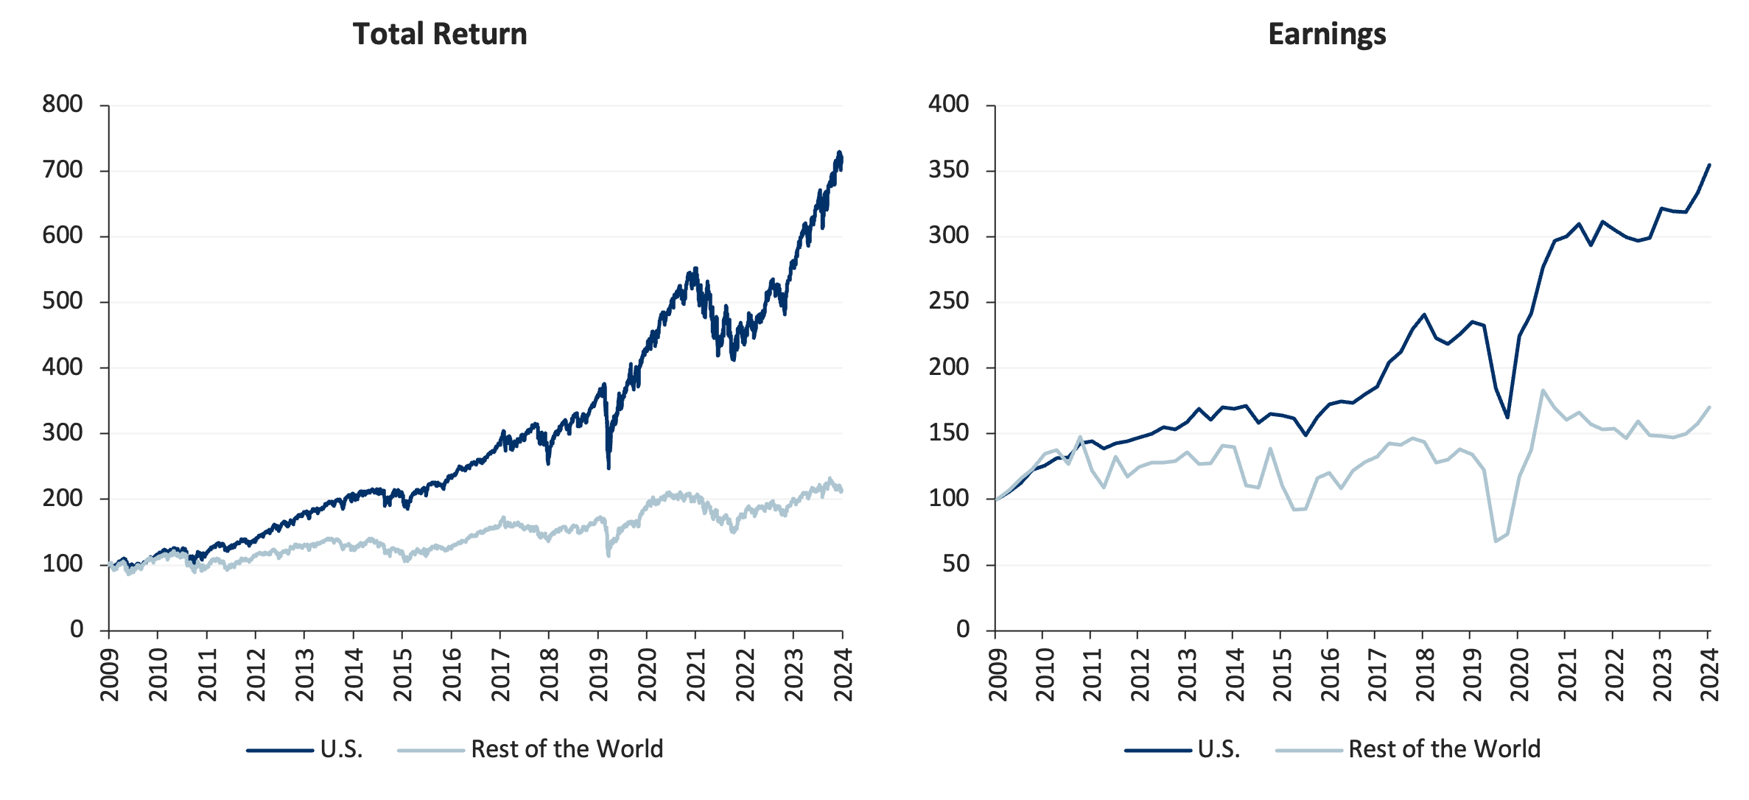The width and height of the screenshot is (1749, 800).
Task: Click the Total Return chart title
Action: [x=440, y=35]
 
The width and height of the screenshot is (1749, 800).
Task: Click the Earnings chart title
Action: [x=1327, y=35]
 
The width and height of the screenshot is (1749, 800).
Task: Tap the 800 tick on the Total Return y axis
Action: [x=63, y=105]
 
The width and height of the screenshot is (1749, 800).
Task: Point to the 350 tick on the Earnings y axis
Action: [x=948, y=170]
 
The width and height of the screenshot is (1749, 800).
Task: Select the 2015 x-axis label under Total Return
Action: [x=402, y=675]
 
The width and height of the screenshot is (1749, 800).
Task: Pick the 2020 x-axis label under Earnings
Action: [x=1518, y=675]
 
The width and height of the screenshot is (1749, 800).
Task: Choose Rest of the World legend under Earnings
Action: [x=1444, y=749]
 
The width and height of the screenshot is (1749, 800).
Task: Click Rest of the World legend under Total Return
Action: [x=567, y=749]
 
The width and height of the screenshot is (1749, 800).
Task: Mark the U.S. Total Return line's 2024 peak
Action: [x=838, y=152]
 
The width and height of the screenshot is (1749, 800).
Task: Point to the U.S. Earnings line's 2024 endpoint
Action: [x=1709, y=164]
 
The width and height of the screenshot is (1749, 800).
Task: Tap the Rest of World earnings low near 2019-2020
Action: [x=1496, y=541]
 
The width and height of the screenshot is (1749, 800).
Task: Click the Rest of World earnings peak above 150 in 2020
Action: [x=1543, y=390]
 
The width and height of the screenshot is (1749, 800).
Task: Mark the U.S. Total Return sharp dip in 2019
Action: [x=609, y=468]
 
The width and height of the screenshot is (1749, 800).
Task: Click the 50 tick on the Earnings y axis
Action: [x=956, y=564]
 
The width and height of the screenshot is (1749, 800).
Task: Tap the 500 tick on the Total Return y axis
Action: [x=63, y=301]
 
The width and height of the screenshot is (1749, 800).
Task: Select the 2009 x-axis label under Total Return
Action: [x=110, y=675]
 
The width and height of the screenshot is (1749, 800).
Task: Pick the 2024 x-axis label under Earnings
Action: [x=1709, y=675]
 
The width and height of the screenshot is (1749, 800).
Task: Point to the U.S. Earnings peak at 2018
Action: [x=1424, y=314]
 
